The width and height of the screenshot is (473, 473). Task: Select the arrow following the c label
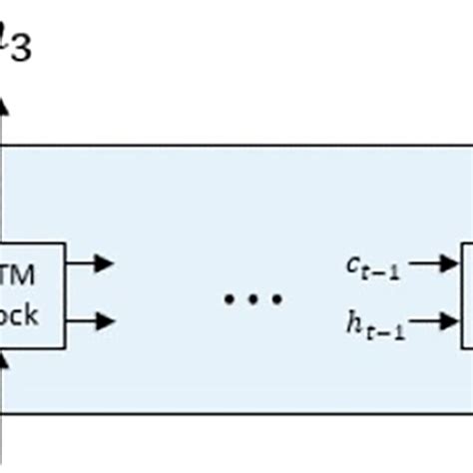click(x=434, y=264)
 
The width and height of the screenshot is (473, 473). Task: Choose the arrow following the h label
click(x=434, y=320)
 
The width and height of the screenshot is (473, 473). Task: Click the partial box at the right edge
click(x=466, y=293)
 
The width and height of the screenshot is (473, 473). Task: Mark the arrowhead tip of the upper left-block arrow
click(x=111, y=264)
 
